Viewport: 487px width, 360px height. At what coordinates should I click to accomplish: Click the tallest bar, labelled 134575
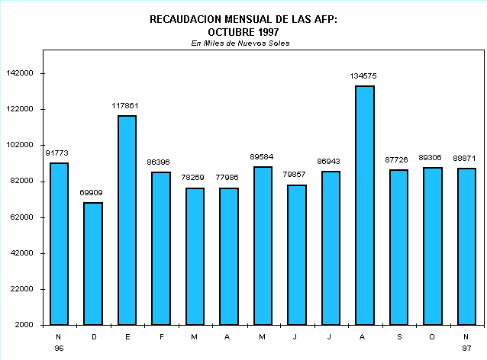tap(364, 205)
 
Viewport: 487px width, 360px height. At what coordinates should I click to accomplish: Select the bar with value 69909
tap(92, 263)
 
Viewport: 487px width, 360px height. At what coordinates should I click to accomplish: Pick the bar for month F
tap(160, 248)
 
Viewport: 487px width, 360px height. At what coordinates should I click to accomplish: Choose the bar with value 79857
tap(296, 255)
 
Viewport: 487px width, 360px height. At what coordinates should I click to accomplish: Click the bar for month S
tap(398, 247)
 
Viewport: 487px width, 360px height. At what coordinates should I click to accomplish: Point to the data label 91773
tap(58, 153)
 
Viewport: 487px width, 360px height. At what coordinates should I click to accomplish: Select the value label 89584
tap(262, 157)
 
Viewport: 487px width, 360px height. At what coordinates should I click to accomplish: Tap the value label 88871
tap(466, 158)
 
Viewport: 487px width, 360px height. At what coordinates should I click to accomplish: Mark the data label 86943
tap(330, 162)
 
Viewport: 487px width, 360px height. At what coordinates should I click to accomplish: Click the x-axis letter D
tap(92, 336)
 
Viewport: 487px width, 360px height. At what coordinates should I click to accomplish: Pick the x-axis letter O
tap(432, 336)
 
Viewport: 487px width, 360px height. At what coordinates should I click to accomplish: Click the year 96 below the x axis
tap(59, 348)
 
